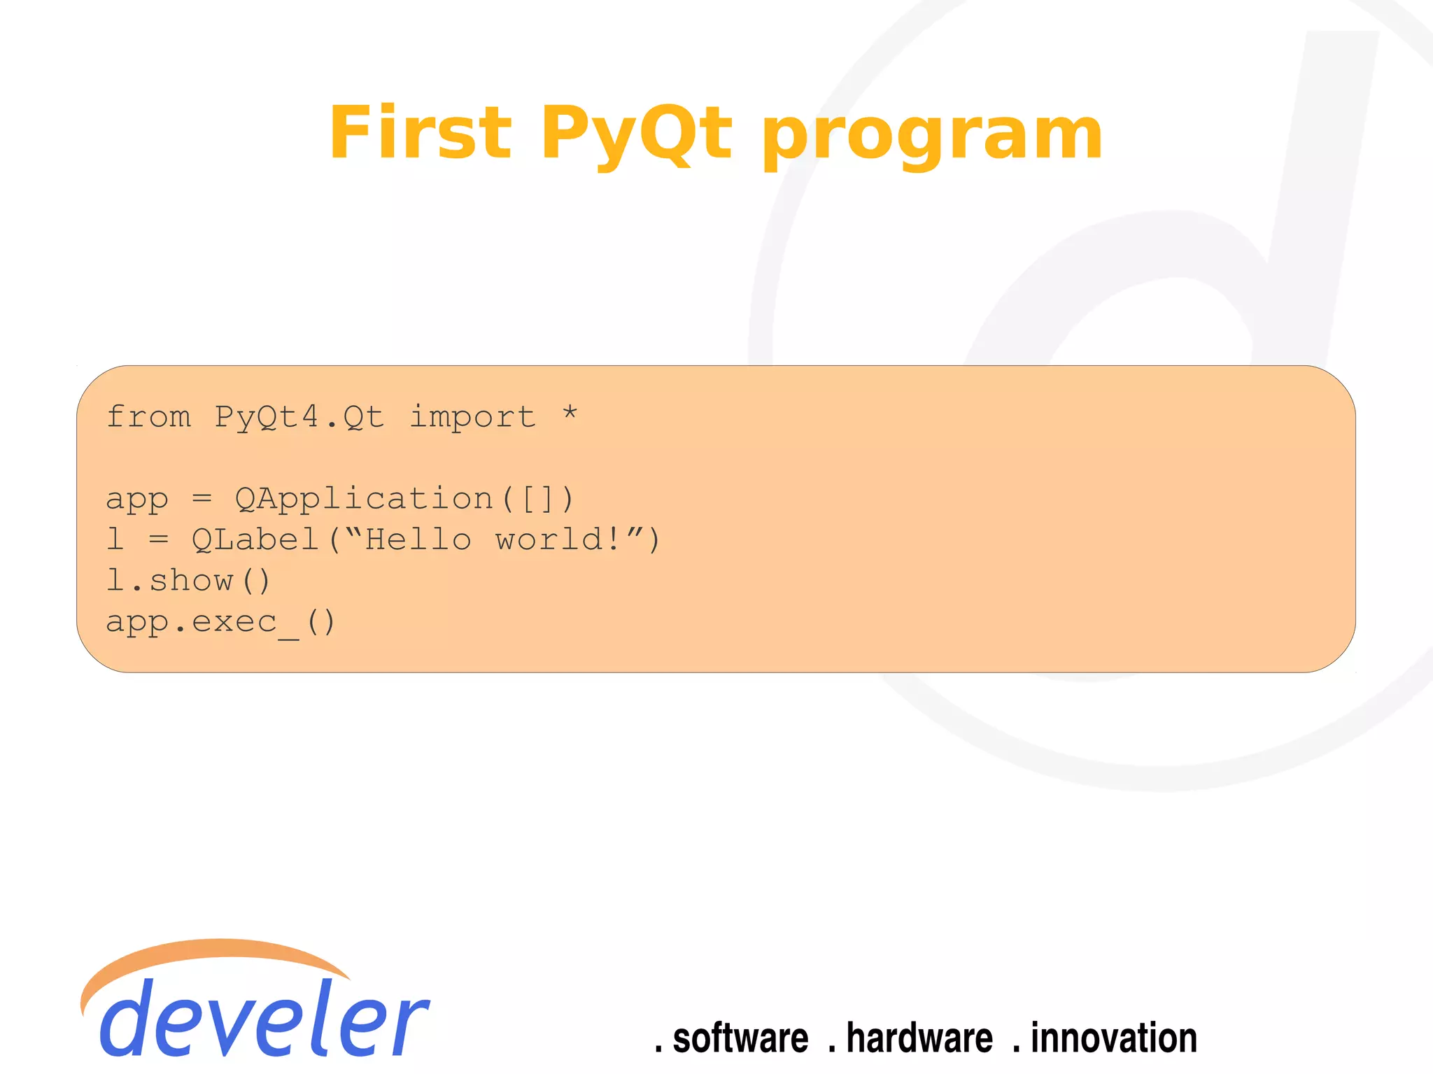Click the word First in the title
coord(420,133)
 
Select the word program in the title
coord(932,136)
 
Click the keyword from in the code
coord(148,417)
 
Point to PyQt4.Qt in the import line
coord(299,418)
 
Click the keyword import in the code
coord(473,418)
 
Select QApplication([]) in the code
coord(404,500)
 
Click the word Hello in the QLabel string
coord(418,540)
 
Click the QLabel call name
coord(255,540)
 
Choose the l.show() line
coord(188,581)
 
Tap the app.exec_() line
coord(220,622)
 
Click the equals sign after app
coord(202,499)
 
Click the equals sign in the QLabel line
coord(159,540)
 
